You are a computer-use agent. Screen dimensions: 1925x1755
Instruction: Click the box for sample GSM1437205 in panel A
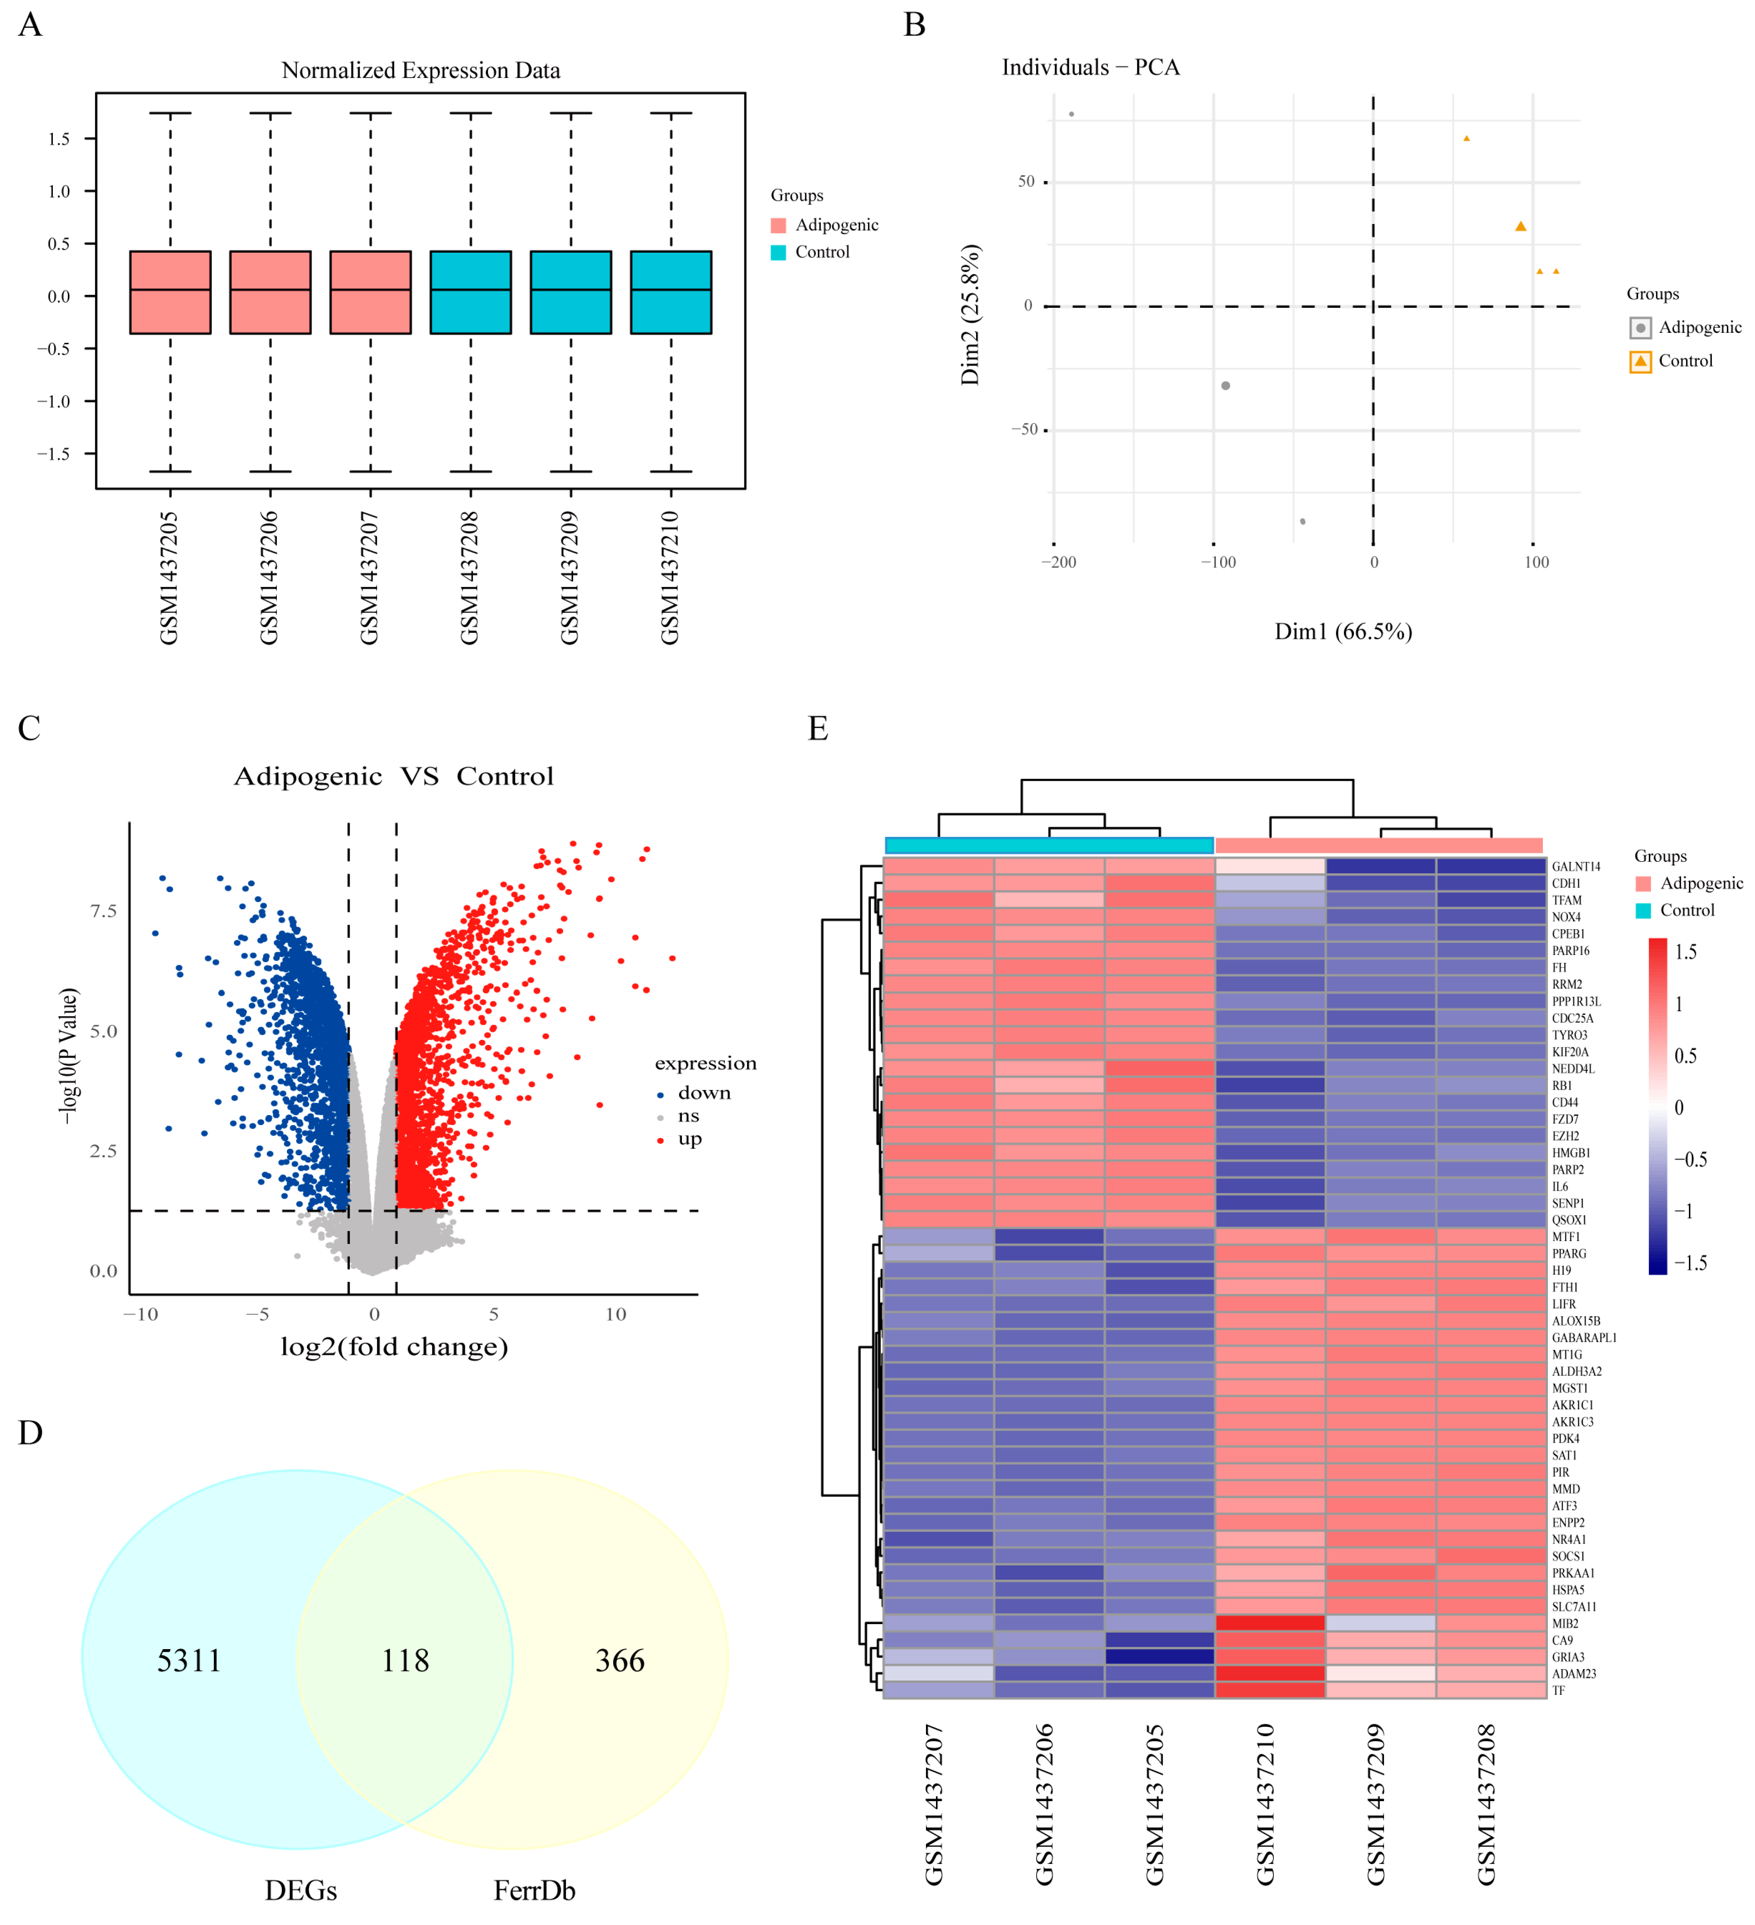[x=170, y=292]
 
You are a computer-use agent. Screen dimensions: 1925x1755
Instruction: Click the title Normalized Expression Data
[x=420, y=71]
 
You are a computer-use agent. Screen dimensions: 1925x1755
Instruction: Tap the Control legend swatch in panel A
[x=778, y=252]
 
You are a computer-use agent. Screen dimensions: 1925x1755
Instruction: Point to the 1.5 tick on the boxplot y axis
[x=59, y=139]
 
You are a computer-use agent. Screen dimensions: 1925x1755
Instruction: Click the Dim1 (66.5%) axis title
[x=1343, y=631]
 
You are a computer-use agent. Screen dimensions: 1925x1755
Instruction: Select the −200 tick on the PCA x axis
[x=1058, y=562]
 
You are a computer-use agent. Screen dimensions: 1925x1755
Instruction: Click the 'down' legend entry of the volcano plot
[x=704, y=1092]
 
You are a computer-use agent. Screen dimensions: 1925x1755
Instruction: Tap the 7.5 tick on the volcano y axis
[x=103, y=911]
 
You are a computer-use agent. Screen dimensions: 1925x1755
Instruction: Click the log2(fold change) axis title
[x=393, y=1346]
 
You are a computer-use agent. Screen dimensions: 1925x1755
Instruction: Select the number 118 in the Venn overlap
[x=405, y=1660]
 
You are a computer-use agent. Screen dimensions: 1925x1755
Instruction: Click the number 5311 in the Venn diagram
[x=189, y=1660]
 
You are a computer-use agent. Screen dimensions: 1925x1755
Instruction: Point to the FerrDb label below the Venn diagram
[x=534, y=1889]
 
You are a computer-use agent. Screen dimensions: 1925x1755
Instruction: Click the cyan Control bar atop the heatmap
[x=1048, y=845]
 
